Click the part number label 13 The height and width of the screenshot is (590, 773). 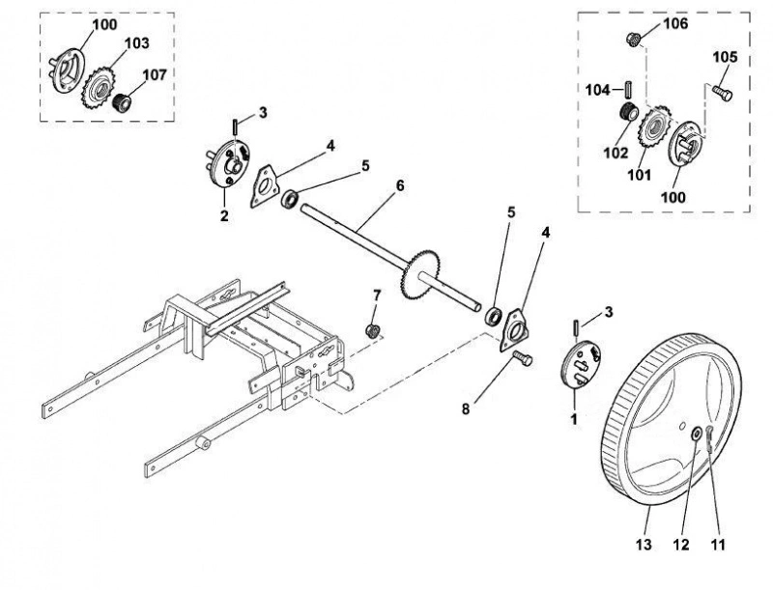(x=644, y=545)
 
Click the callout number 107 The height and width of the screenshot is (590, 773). (x=155, y=75)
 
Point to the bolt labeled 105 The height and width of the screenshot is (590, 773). (x=722, y=92)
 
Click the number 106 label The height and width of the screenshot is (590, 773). (x=674, y=23)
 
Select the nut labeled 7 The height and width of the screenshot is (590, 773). (x=373, y=330)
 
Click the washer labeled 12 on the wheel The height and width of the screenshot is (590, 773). (x=697, y=434)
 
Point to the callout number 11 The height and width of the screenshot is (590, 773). (x=718, y=545)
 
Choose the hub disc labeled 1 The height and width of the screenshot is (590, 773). (x=582, y=364)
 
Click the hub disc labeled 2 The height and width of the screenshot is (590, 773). (x=228, y=163)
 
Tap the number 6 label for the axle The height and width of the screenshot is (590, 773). (x=400, y=185)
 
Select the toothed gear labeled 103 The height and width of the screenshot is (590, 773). (x=99, y=87)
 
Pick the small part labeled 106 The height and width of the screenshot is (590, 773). (x=634, y=39)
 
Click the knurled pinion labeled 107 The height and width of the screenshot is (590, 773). (x=122, y=102)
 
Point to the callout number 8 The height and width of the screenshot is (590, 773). (x=466, y=408)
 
